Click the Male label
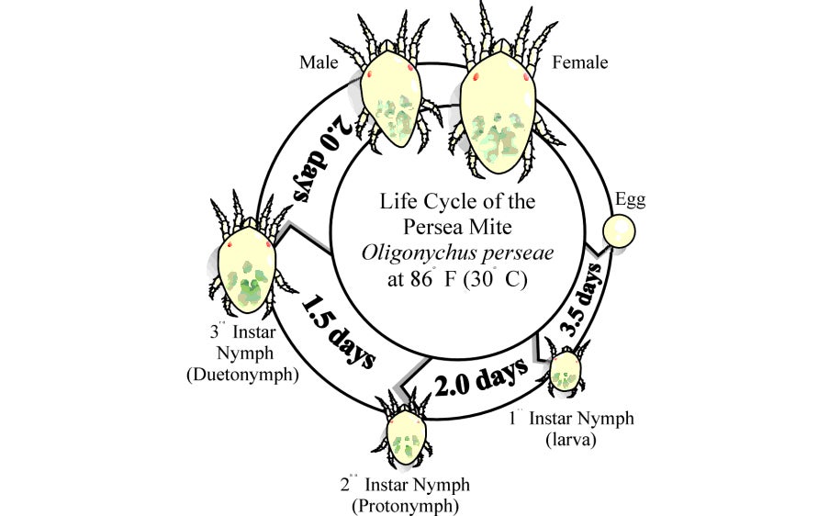319,62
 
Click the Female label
580,62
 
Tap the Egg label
630,200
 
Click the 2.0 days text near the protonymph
481,377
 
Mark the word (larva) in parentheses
571,439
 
